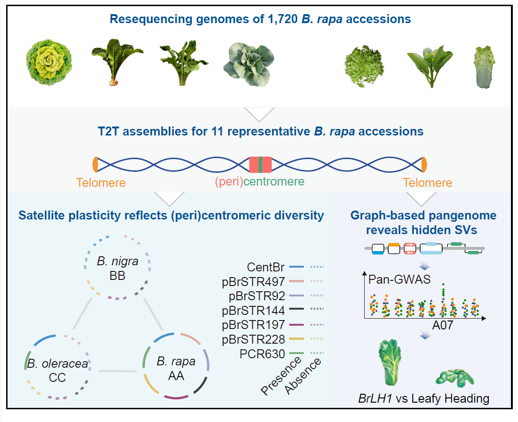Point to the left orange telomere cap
[x=95, y=164]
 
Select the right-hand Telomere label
[x=427, y=183]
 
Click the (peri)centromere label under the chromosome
[x=259, y=182]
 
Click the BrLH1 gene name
[x=372, y=398]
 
